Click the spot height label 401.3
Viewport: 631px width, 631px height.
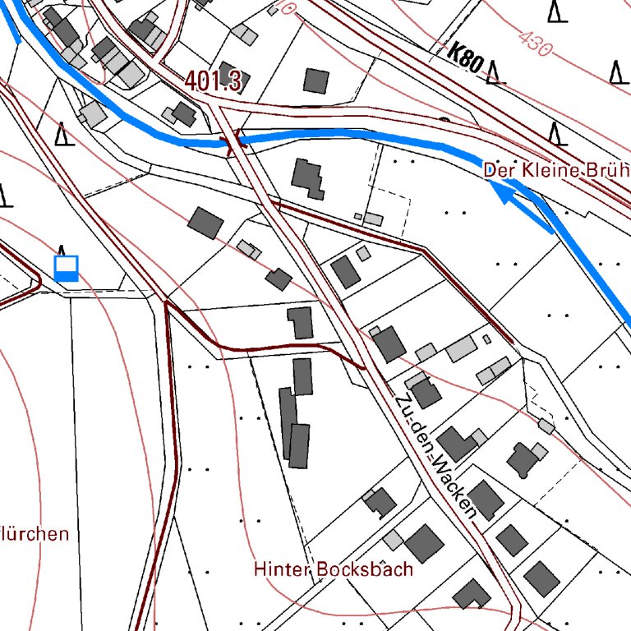213,81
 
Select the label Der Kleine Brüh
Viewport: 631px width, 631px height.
556,171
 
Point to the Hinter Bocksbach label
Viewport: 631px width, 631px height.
333,569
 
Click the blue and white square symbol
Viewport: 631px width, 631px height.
66,268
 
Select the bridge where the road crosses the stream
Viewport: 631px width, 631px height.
233,143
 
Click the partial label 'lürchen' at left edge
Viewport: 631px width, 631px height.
35,534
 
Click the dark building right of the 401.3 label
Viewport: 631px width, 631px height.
315,81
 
